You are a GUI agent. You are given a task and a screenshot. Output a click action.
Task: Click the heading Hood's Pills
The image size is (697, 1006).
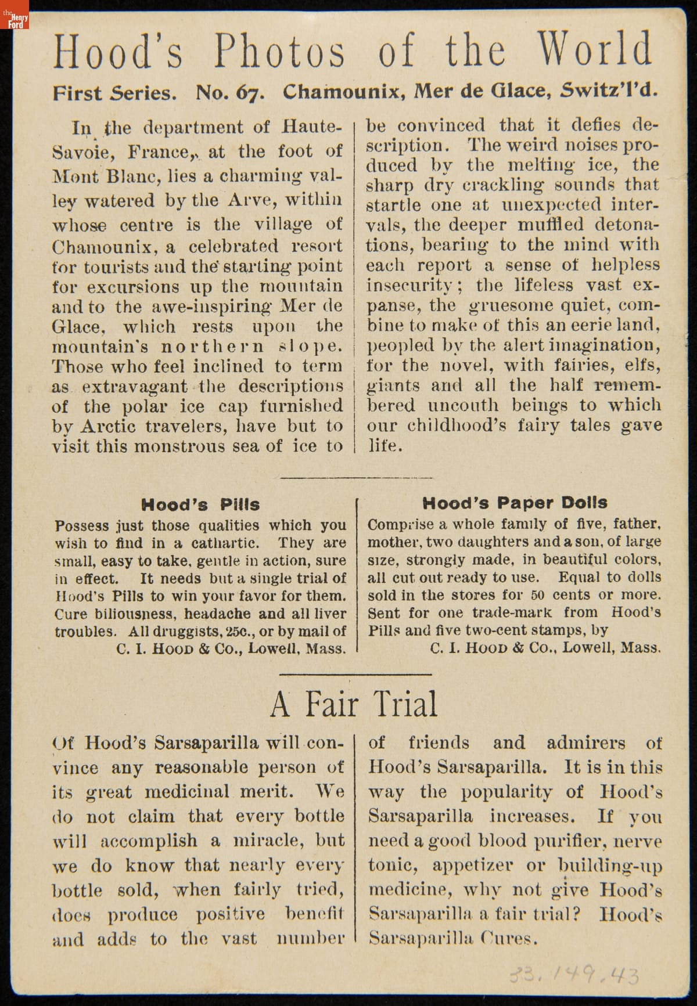[x=200, y=504]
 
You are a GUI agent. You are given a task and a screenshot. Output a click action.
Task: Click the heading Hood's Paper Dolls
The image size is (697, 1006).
[x=515, y=503]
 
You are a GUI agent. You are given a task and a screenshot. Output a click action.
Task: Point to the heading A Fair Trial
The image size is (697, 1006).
[x=354, y=704]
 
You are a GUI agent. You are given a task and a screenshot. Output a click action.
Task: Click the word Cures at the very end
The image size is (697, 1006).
[x=508, y=939]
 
